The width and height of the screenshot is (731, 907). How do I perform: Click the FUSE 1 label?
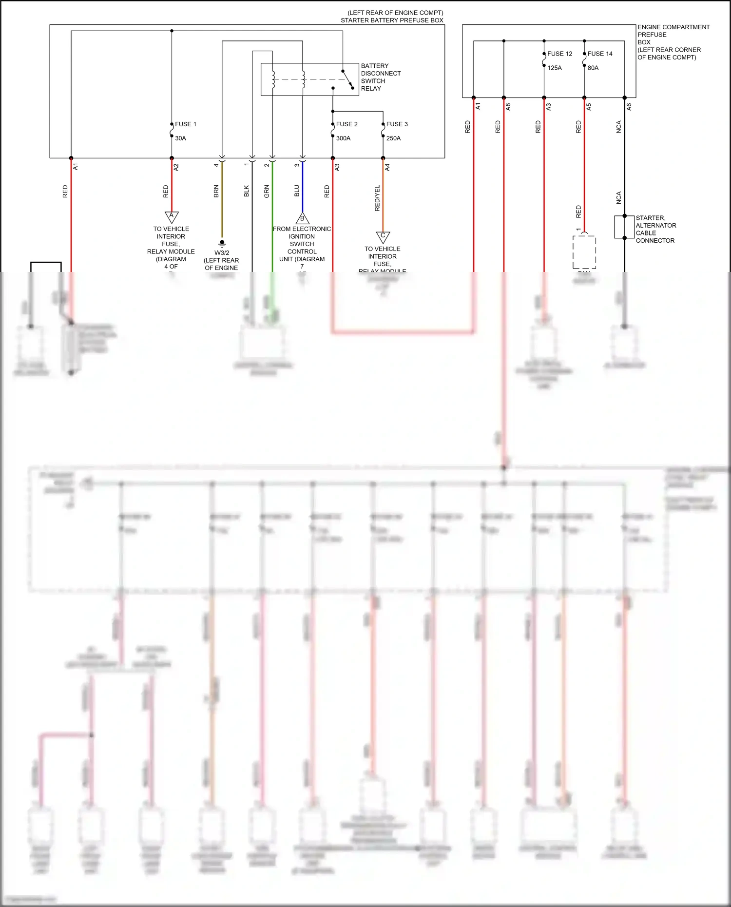tap(185, 124)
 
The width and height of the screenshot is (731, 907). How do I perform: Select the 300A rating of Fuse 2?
tap(343, 138)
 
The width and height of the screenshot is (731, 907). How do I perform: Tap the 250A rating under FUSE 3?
tap(393, 138)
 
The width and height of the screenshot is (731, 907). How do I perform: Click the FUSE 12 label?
tap(559, 54)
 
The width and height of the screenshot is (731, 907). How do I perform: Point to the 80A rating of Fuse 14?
tap(593, 68)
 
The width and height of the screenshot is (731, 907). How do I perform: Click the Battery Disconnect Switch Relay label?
tap(380, 77)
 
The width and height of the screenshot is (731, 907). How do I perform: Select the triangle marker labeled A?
tap(172, 216)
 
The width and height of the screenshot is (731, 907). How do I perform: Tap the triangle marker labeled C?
tap(383, 237)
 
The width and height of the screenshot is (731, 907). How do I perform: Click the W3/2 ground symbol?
tap(222, 243)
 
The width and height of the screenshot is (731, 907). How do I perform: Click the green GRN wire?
tap(272, 214)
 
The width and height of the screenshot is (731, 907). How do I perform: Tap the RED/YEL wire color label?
tap(377, 198)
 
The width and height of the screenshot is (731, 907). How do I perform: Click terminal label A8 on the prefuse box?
tap(508, 106)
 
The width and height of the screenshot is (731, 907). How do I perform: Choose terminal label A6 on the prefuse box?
tap(629, 106)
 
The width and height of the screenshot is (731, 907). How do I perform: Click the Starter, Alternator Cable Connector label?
tap(655, 229)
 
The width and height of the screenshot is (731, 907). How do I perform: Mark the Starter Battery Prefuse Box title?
tap(392, 20)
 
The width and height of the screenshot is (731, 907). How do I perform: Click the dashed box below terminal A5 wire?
tap(584, 252)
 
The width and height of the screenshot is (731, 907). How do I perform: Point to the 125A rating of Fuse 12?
tap(554, 68)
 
